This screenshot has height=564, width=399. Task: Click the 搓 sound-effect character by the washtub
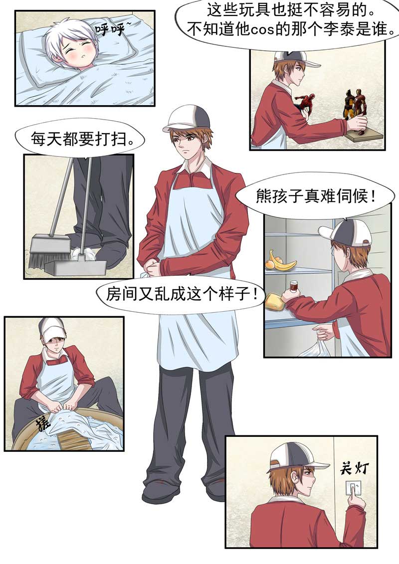(42, 423)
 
